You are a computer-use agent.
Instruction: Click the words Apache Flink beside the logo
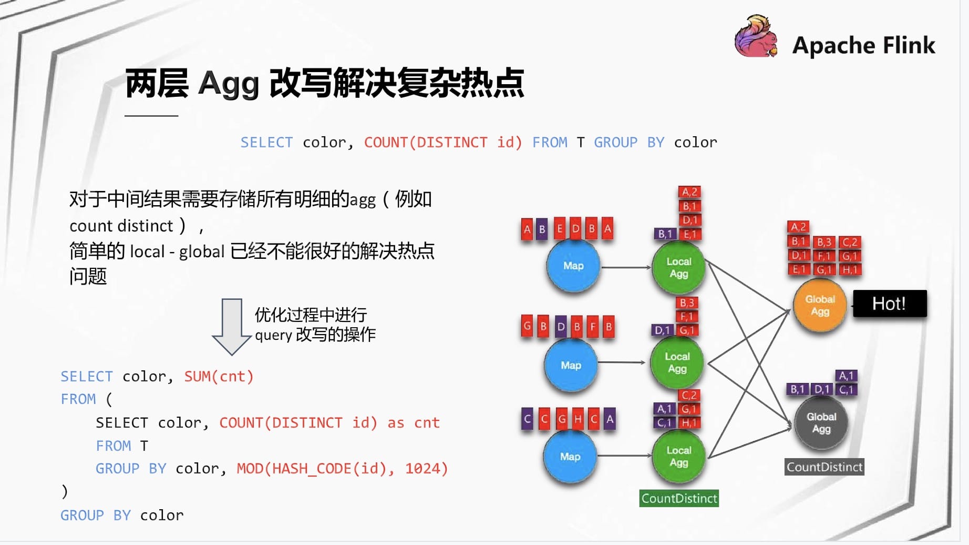[x=864, y=45]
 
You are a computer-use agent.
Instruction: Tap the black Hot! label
[x=890, y=304]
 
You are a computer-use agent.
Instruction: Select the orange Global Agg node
[x=820, y=305]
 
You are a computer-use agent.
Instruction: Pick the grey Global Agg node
[x=821, y=423]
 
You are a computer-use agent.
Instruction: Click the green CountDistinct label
[x=679, y=498]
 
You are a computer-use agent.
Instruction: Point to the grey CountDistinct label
[x=824, y=467]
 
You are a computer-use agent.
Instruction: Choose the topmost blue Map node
[x=573, y=266]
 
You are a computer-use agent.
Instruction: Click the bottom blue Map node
[x=570, y=457]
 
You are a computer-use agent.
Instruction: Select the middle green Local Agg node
[x=677, y=362]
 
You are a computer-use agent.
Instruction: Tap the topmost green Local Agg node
[x=679, y=268]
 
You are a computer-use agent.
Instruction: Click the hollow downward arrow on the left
[x=232, y=327]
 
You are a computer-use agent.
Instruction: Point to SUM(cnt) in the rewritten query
[x=219, y=377]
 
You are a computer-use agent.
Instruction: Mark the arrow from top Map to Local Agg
[x=626, y=267]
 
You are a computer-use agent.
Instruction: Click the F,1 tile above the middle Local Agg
[x=687, y=317]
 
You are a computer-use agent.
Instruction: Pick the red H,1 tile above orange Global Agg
[x=850, y=270]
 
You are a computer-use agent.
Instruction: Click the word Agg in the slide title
[x=229, y=84]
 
